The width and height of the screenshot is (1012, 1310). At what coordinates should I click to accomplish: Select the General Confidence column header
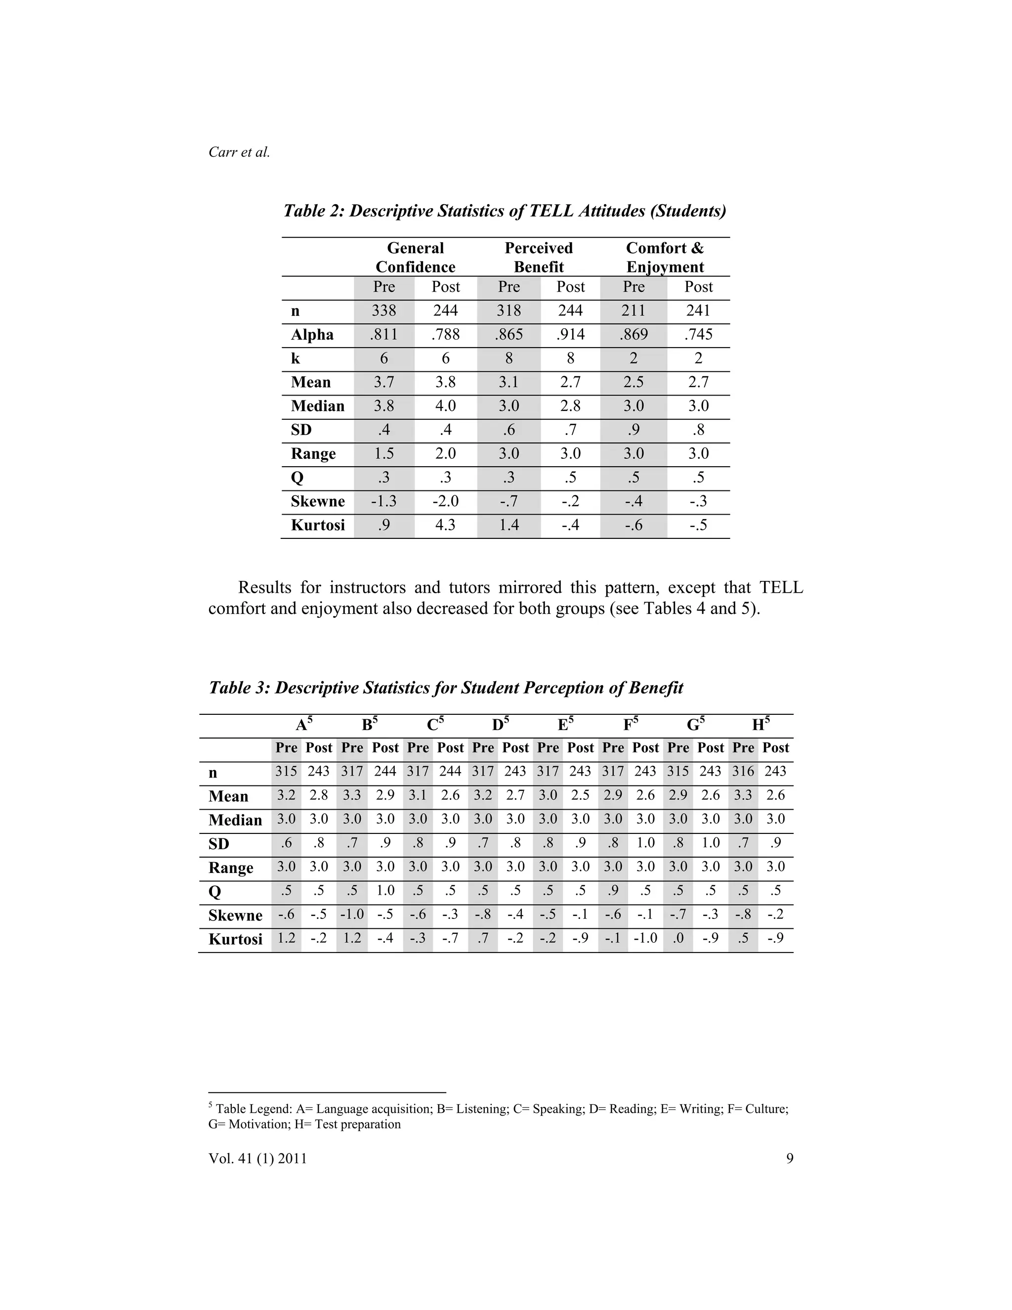pos(415,258)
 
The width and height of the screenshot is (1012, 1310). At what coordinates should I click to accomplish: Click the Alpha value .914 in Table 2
pos(570,335)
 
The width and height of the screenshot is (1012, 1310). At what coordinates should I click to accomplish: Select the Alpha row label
pos(312,335)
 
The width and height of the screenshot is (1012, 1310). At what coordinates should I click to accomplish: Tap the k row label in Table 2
pos(295,359)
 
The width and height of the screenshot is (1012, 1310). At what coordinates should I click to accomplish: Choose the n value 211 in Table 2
pos(633,311)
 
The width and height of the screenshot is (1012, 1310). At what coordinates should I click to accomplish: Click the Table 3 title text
pos(445,688)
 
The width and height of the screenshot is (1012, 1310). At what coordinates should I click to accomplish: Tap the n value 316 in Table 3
pos(743,772)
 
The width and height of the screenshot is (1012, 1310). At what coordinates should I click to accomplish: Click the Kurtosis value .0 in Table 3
pos(678,938)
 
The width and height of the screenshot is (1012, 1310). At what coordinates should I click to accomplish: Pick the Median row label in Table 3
pos(235,820)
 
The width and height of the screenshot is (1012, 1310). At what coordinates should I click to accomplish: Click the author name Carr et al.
pos(239,152)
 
